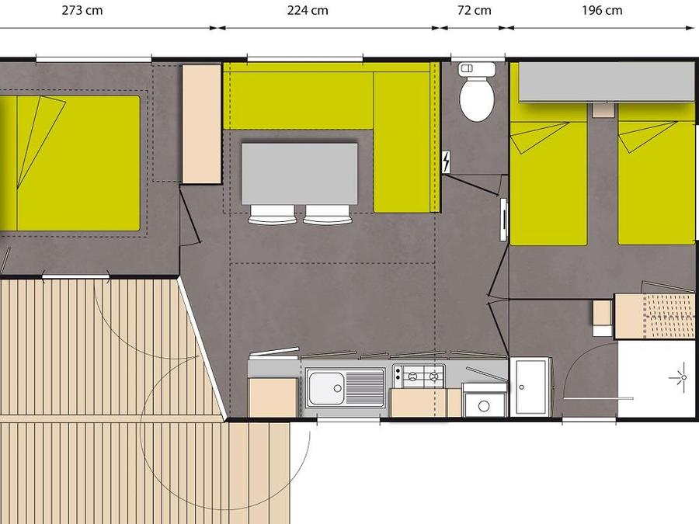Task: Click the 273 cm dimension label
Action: click(x=82, y=10)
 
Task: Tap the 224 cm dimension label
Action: click(x=308, y=10)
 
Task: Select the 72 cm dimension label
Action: click(x=475, y=10)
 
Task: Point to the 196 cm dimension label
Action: click(x=602, y=10)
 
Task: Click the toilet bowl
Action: click(x=477, y=99)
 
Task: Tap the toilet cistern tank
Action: click(x=477, y=69)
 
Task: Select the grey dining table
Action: click(x=299, y=173)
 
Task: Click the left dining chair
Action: click(x=272, y=214)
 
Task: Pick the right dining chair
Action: click(x=328, y=214)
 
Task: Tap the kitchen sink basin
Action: click(x=326, y=388)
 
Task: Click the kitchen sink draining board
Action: click(x=364, y=388)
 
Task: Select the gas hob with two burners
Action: click(x=419, y=377)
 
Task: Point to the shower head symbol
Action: click(x=682, y=378)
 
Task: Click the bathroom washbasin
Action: click(x=530, y=386)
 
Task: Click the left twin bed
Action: click(x=548, y=174)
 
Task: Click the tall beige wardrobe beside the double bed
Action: click(x=202, y=124)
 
